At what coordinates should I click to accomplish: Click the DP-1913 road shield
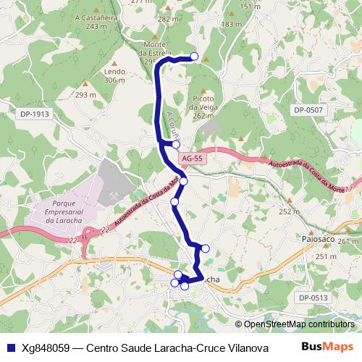tap(35, 114)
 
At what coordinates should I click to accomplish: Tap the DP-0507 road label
tap(308, 109)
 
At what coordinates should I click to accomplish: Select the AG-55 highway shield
tap(192, 158)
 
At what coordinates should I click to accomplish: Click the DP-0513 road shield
tap(312, 297)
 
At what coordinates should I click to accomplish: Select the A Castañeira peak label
tap(101, 20)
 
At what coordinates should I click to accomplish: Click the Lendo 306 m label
tap(114, 76)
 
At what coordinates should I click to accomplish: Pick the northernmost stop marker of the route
tap(193, 56)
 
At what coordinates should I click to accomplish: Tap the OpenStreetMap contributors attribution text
tap(298, 324)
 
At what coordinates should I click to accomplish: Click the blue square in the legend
tap(10, 347)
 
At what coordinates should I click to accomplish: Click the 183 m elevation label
tap(230, 24)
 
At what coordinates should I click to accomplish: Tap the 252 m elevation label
tap(288, 211)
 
